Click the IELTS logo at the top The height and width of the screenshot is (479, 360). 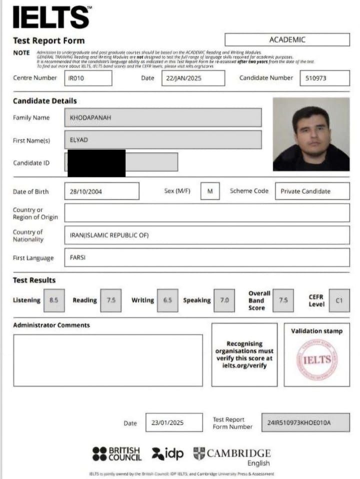[x=51, y=17]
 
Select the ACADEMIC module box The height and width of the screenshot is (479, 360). [x=287, y=39]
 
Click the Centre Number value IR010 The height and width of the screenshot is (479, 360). [x=88, y=78]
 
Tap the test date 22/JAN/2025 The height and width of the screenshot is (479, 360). [x=193, y=78]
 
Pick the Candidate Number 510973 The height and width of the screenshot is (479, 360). [x=324, y=78]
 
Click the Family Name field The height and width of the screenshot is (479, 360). [x=163, y=117]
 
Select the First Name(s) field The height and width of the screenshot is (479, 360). [x=163, y=140]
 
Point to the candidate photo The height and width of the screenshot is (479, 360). [x=311, y=134]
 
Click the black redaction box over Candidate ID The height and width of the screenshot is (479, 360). [x=96, y=163]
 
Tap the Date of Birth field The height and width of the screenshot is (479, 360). [x=101, y=191]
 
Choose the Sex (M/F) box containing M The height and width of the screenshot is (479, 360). [x=210, y=191]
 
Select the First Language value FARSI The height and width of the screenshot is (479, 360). [x=207, y=257]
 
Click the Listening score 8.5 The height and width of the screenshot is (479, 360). [x=54, y=300]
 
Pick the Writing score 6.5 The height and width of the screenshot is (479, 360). [x=167, y=300]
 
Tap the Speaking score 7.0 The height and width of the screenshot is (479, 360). [x=224, y=300]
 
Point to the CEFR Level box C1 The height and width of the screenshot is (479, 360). [x=339, y=300]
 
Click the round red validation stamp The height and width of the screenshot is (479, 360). [x=317, y=359]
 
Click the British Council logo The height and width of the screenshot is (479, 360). [x=117, y=453]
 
